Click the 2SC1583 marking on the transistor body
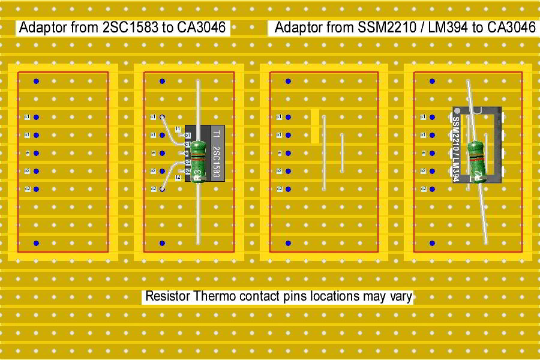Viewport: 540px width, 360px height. (x=217, y=163)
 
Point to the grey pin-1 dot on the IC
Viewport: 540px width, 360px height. (x=457, y=111)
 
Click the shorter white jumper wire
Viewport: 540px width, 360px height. (x=342, y=152)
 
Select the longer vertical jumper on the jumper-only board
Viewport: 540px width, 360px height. (x=324, y=153)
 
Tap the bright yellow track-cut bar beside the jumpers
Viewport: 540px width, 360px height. (x=315, y=126)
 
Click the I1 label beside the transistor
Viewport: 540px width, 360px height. (x=178, y=129)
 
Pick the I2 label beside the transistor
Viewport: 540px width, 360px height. (x=178, y=178)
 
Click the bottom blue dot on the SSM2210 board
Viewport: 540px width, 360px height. (x=432, y=243)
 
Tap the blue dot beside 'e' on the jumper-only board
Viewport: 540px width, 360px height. (x=288, y=153)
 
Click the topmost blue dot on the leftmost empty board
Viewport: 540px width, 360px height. (x=36, y=81)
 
